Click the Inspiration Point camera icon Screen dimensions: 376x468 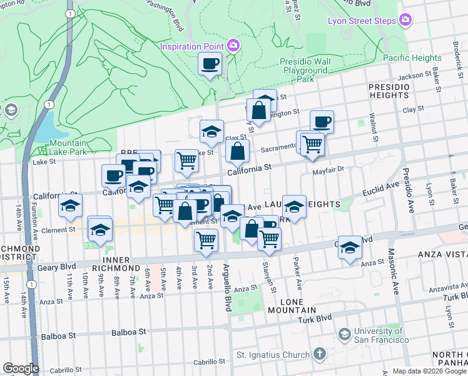tap(233, 45)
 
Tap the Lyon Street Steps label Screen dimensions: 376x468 tap(362, 21)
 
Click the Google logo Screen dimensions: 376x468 tap(21, 368)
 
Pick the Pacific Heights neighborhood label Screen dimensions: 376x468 tap(412, 58)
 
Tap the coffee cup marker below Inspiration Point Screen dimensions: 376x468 tap(210, 63)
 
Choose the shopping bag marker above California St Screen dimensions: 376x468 tap(238, 151)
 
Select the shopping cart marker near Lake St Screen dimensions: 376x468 tap(186, 160)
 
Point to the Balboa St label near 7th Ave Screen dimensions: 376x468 tap(130, 332)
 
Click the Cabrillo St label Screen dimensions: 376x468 tap(209, 362)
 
